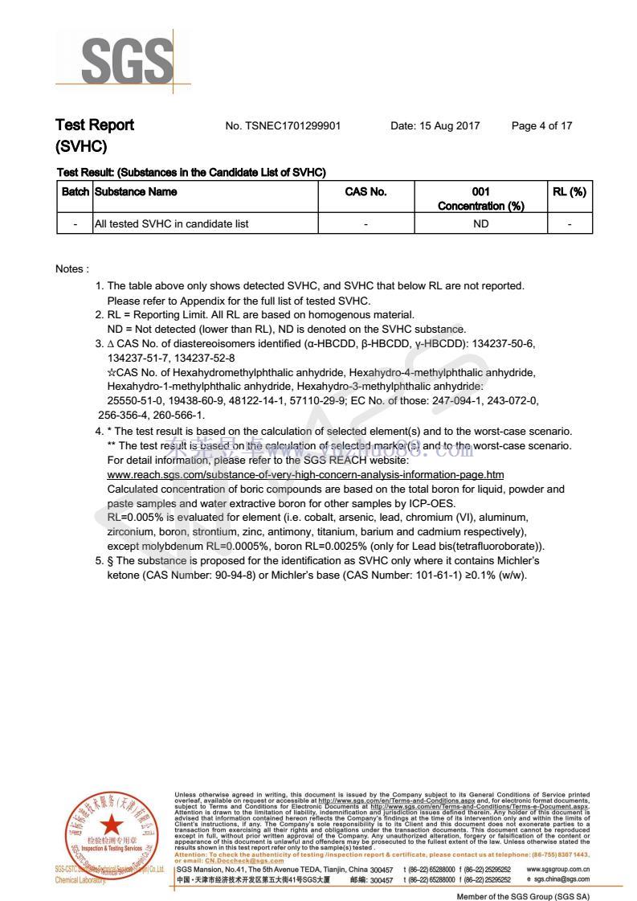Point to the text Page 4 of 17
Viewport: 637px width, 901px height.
[x=541, y=126]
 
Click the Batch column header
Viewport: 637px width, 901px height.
[x=75, y=192]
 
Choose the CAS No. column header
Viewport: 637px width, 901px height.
[x=365, y=192]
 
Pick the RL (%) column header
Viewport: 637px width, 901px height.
[x=569, y=192]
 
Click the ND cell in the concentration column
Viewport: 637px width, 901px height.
[x=480, y=223]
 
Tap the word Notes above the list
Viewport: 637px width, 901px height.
[x=71, y=268]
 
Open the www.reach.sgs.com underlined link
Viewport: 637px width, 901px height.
[x=305, y=475]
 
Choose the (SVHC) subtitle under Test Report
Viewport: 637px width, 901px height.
[x=81, y=147]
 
